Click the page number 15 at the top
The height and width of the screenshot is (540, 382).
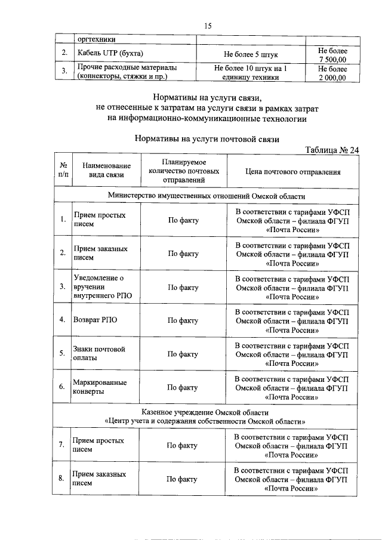click(208, 25)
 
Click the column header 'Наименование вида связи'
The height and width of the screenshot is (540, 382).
click(103, 171)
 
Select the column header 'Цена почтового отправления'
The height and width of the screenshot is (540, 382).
click(292, 172)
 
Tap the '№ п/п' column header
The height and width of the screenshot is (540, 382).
click(63, 171)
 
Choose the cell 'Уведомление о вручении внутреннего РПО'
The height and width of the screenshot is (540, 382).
click(98, 287)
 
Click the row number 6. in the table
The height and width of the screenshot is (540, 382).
click(62, 387)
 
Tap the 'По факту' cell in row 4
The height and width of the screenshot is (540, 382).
click(183, 320)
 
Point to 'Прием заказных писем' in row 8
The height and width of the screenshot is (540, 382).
click(98, 479)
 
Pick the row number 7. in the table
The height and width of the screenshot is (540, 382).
click(62, 445)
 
